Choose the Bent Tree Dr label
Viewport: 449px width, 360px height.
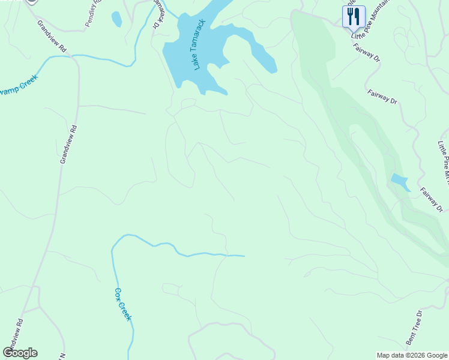[x=415, y=328]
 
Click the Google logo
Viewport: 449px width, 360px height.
[x=20, y=353]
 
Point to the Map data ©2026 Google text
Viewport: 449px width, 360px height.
[x=411, y=355]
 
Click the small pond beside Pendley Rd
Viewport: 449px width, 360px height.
[x=116, y=19]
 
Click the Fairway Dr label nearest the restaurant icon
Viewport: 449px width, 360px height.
[x=366, y=53]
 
